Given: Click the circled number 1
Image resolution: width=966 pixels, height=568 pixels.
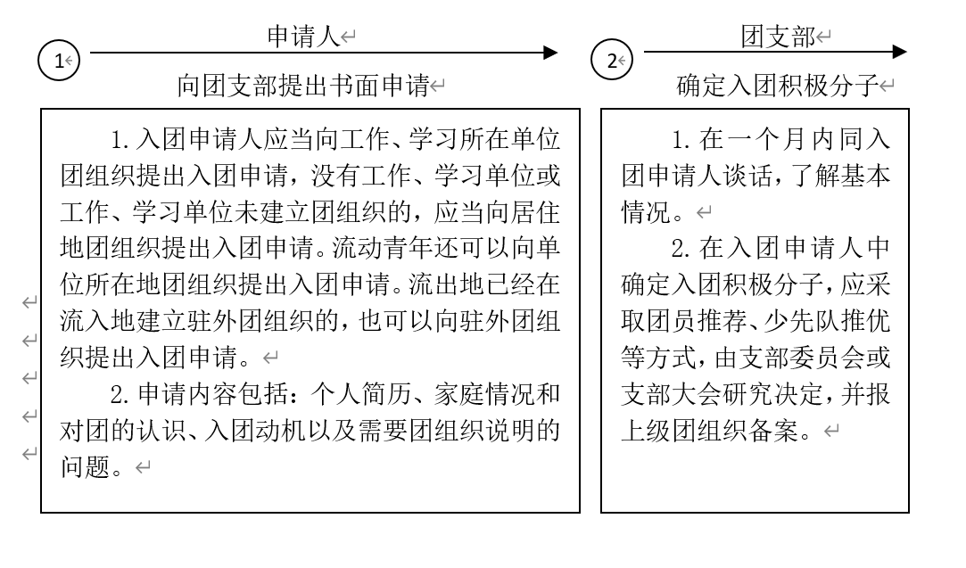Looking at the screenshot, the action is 59,61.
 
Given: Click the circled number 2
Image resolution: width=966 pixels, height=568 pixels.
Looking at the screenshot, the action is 612,61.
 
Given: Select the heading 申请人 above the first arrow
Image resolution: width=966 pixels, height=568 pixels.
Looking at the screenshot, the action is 304,37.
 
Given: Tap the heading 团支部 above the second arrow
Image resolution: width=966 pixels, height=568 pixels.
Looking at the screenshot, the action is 778,37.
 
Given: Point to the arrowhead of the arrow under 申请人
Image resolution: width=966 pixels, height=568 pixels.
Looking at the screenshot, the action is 550,53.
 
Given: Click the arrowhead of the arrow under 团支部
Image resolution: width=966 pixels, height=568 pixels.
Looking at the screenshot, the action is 900,52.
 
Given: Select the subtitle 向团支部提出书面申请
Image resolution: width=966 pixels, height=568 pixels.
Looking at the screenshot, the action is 303,85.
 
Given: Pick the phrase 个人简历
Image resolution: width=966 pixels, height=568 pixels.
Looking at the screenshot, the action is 361,393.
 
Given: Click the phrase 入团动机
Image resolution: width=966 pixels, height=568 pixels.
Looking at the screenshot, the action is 255,430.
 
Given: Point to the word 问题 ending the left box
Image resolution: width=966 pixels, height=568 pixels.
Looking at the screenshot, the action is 85,466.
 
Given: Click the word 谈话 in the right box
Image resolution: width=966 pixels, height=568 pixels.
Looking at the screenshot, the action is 747,176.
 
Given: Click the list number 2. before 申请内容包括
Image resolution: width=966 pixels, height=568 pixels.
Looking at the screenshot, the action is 120,394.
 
